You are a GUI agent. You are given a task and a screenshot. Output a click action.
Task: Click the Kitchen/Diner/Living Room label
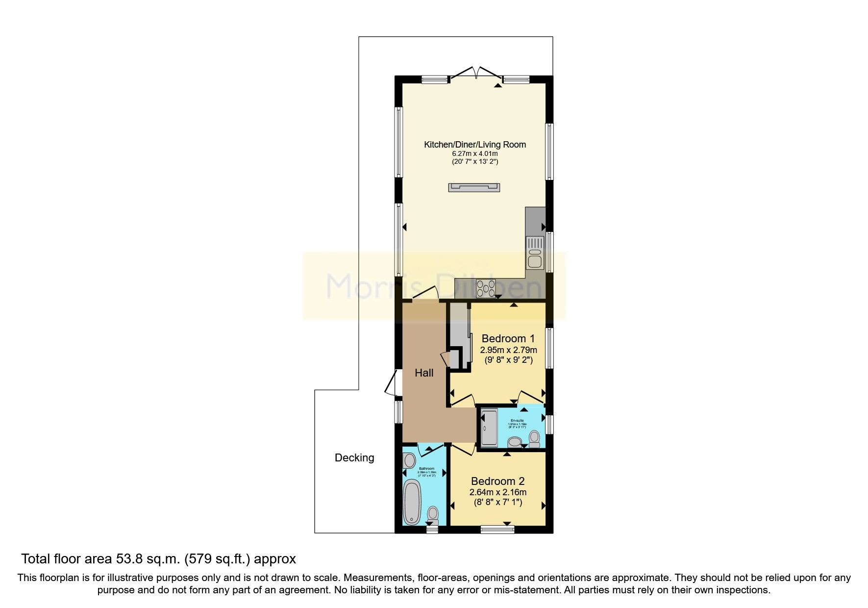[x=474, y=145]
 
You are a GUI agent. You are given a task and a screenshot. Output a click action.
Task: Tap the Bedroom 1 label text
[x=508, y=338]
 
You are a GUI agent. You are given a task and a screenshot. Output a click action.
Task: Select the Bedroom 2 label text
[x=498, y=481]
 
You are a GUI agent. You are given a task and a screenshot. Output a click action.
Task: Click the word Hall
[x=424, y=373]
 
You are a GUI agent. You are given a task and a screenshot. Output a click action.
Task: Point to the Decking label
[x=354, y=458]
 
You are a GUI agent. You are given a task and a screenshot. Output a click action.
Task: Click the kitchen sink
[x=534, y=257]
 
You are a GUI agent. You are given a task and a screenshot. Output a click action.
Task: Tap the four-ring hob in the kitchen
[x=485, y=288]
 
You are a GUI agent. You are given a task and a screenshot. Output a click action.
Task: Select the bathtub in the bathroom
[x=412, y=503]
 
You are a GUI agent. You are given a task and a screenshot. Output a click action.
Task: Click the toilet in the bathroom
[x=433, y=516]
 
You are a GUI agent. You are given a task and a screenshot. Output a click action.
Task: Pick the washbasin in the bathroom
[x=409, y=461]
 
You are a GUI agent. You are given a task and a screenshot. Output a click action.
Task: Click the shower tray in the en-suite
[x=489, y=428]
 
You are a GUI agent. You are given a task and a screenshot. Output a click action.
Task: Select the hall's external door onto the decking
[x=392, y=383]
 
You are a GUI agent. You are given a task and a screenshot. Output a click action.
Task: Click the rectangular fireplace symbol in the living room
[x=474, y=187]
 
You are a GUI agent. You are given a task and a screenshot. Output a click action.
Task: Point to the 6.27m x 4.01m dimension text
[x=474, y=153]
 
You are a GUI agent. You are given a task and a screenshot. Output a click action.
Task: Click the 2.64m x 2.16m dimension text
[x=498, y=492]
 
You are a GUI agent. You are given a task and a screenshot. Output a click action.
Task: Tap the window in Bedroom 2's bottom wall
[x=497, y=529]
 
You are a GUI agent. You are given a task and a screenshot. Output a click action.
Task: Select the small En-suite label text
[x=517, y=421]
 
